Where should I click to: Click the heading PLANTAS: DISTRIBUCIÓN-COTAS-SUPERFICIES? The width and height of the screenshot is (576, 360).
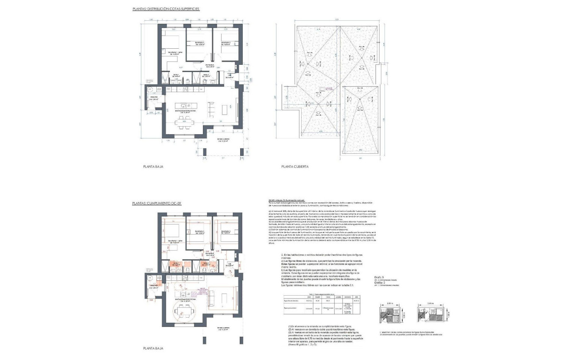click(x=166, y=8)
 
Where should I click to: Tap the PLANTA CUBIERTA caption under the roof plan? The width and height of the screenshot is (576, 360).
click(x=295, y=167)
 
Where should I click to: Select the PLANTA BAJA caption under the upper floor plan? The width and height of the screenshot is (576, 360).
click(x=153, y=167)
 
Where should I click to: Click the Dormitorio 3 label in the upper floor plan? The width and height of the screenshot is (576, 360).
click(x=224, y=43)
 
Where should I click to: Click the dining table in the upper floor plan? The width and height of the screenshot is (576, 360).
click(x=184, y=124)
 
